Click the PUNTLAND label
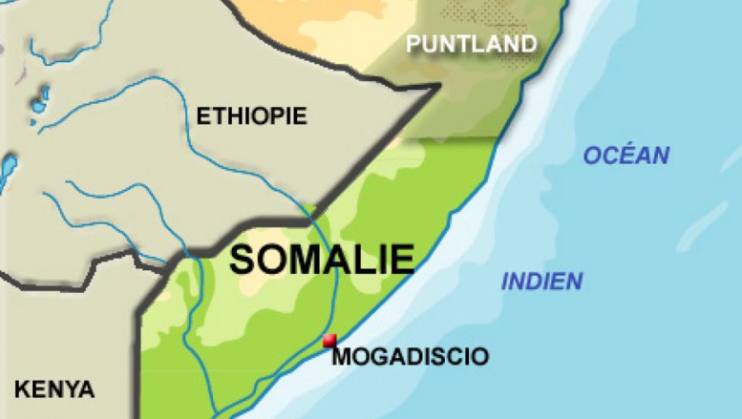471,44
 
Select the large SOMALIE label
323,260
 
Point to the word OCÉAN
626,156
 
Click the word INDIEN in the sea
541,282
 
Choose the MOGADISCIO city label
410,357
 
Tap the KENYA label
54,389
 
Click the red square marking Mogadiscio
329,341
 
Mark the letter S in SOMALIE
243,260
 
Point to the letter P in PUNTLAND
413,44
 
